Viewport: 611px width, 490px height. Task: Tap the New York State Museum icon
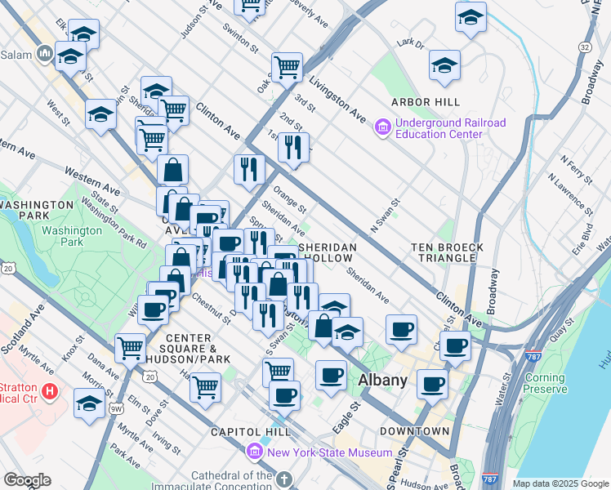pyautogui.click(x=254, y=452)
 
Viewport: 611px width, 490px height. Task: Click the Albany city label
pyautogui.click(x=382, y=381)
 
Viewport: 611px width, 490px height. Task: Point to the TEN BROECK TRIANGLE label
pyautogui.click(x=447, y=252)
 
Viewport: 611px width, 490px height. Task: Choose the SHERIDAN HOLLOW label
pyautogui.click(x=328, y=252)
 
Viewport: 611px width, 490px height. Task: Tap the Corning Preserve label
pyautogui.click(x=545, y=384)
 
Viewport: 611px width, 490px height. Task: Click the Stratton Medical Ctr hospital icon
pyautogui.click(x=51, y=392)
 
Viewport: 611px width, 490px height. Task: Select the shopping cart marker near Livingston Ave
pyautogui.click(x=287, y=66)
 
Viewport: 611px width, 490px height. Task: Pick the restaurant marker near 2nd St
pyautogui.click(x=292, y=147)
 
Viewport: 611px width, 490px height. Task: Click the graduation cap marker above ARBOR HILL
pyautogui.click(x=444, y=65)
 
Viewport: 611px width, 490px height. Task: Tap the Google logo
pyautogui.click(x=26, y=480)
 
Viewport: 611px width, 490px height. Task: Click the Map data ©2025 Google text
pyautogui.click(x=560, y=483)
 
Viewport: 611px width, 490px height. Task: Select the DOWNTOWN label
pyautogui.click(x=414, y=430)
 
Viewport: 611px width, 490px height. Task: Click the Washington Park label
pyautogui.click(x=73, y=236)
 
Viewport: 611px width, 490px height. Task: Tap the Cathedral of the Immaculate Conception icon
pyautogui.click(x=283, y=479)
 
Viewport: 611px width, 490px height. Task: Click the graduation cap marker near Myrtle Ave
pyautogui.click(x=89, y=403)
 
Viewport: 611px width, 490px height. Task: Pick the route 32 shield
pyautogui.click(x=584, y=48)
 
